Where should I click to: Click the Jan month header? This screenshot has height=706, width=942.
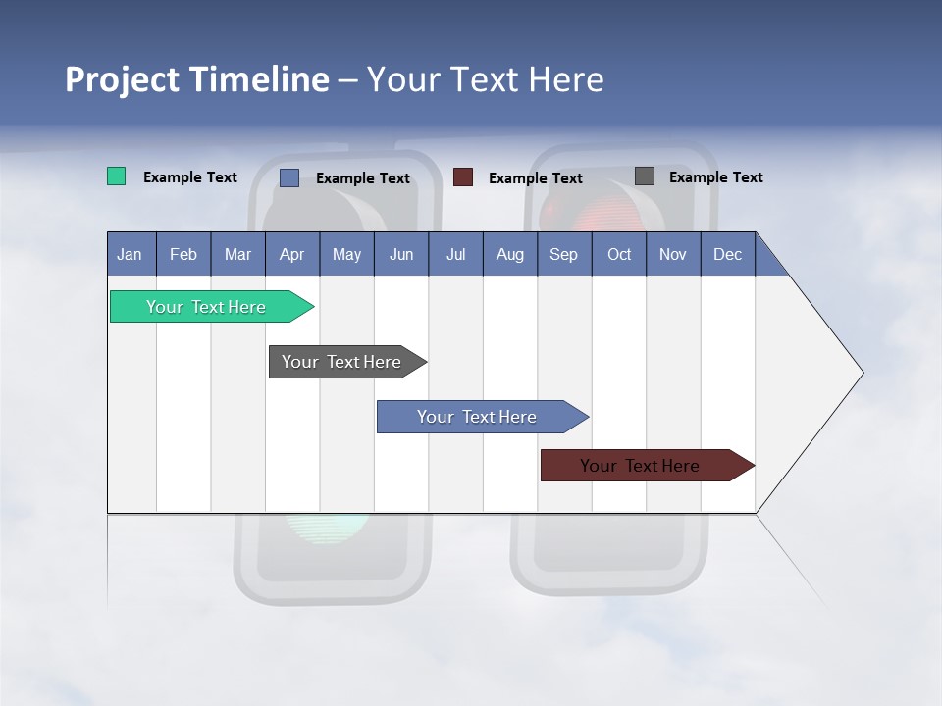point(131,254)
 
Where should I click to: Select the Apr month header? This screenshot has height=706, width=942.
point(292,254)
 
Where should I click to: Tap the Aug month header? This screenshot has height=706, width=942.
point(510,254)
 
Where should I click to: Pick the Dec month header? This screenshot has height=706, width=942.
point(728,254)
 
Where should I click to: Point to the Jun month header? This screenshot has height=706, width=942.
point(401,254)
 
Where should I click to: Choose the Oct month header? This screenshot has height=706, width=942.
point(619,254)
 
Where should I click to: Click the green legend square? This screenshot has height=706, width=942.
point(117,176)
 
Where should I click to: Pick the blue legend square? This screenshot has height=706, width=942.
point(289,177)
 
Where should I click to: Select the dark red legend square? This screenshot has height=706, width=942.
point(463,177)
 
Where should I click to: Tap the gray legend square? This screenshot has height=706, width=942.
point(645,176)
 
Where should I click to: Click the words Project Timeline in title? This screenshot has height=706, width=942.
point(196,79)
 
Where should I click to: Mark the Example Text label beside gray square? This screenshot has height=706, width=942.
point(715,177)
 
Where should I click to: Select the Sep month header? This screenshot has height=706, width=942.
point(564,254)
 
